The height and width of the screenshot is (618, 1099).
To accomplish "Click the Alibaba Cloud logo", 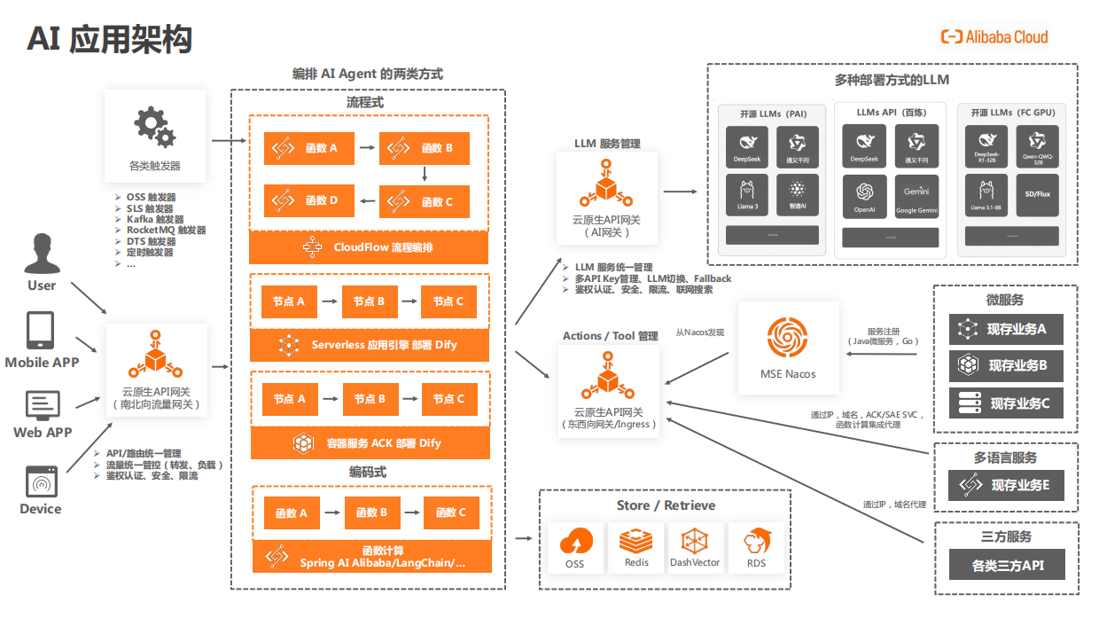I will [994, 36].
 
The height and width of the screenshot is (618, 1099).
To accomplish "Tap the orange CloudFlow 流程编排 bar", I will [369, 247].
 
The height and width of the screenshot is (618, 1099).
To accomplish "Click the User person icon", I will [42, 254].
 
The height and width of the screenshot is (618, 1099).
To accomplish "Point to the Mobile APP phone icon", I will [40, 330].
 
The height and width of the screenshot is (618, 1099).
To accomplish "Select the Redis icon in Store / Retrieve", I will [636, 541].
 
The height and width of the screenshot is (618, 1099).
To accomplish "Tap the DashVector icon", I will [695, 541].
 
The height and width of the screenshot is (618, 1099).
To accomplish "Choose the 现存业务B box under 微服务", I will [1006, 365].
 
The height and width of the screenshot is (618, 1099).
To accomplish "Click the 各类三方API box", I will [1007, 565].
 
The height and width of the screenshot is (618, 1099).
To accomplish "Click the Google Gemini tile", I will [916, 196].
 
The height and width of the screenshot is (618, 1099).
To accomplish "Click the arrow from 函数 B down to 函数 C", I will [425, 175].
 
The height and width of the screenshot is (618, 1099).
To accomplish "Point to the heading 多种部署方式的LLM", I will [892, 80].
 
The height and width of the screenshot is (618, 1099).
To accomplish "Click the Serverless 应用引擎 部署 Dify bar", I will [369, 344].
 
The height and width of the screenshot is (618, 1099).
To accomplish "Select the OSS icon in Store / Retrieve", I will [575, 543].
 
